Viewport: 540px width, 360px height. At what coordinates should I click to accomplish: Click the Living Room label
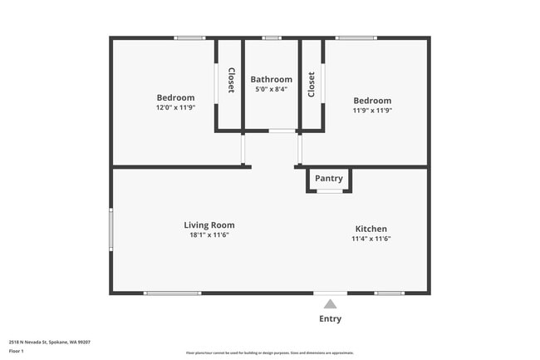point(209,224)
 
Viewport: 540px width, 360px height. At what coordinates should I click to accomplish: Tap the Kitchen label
point(371,229)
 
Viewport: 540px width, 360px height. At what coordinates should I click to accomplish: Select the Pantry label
point(329,178)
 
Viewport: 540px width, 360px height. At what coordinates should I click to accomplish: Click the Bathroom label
point(271,80)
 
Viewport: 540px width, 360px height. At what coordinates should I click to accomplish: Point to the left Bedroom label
point(175,97)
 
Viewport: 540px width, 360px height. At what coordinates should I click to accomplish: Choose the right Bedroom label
point(372,101)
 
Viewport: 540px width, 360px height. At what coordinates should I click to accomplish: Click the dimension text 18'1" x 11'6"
point(209,234)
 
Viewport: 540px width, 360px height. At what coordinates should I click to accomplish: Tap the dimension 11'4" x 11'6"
point(371,239)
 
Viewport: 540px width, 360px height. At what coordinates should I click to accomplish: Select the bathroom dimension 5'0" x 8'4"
point(271,89)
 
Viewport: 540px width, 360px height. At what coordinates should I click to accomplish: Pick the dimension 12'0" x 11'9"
point(175,107)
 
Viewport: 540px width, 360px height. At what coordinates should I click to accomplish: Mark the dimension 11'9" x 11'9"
point(372,111)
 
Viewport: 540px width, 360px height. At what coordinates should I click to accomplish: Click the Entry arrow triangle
point(330,303)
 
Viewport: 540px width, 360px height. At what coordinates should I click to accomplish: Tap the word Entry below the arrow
point(330,318)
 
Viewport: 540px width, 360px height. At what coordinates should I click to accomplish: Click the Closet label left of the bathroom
point(232,81)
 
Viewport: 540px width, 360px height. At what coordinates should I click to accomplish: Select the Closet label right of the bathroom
point(312,84)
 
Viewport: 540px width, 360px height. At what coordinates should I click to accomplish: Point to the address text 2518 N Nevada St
point(50,341)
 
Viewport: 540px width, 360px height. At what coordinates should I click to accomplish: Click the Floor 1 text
point(17,352)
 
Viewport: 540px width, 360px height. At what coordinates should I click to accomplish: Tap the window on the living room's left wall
point(110,229)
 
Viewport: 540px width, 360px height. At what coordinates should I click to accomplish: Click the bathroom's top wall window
point(272,37)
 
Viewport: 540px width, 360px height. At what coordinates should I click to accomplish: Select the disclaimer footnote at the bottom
point(270,353)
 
